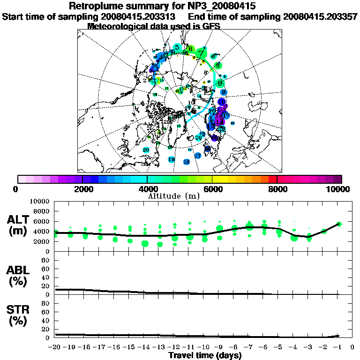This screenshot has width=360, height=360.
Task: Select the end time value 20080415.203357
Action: click(321, 16)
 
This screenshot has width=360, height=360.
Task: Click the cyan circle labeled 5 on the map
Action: click(177, 47)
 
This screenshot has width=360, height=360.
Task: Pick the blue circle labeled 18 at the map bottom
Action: click(187, 162)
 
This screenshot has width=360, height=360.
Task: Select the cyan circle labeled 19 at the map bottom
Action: click(172, 159)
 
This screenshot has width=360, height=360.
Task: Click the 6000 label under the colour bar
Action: click(212, 189)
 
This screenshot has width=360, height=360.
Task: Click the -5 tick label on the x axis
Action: click(278, 347)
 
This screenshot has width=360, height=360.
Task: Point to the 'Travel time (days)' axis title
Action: click(205, 356)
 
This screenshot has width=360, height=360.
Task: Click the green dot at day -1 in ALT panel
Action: click(339, 224)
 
